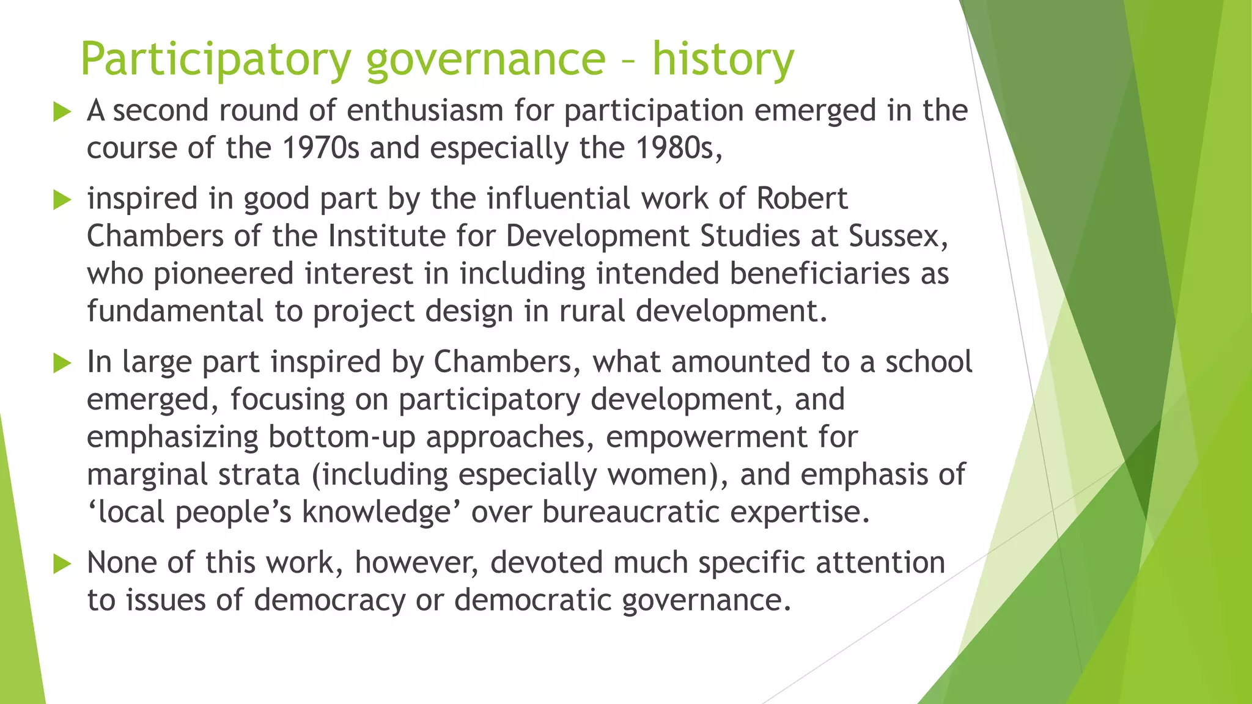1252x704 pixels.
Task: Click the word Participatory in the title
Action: (x=216, y=59)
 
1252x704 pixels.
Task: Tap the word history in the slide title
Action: (x=723, y=59)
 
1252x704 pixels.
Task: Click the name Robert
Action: (x=802, y=199)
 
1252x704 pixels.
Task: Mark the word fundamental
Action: (x=175, y=311)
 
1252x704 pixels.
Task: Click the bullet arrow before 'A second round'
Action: (x=62, y=112)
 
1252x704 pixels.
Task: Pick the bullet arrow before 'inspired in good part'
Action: (x=62, y=200)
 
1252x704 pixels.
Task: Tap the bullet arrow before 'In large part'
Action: (x=62, y=363)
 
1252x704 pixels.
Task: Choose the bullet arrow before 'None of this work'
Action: (x=62, y=563)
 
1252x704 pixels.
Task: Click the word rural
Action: (x=592, y=311)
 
